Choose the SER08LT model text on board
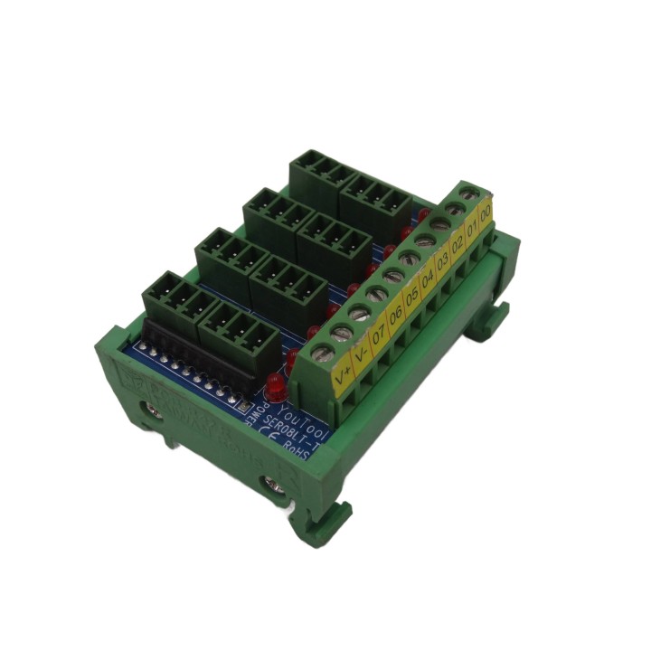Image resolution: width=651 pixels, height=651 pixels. pos(282,432)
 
